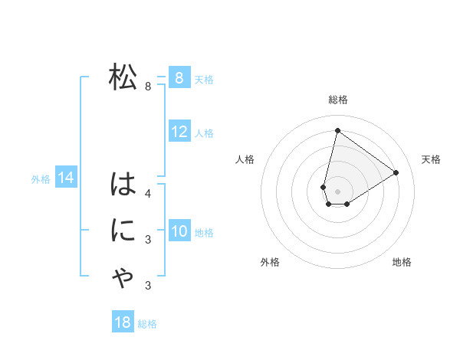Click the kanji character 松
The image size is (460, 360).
click(123, 77)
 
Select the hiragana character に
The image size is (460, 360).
click(123, 231)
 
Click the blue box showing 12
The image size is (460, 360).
click(179, 132)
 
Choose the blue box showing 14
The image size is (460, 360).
click(66, 178)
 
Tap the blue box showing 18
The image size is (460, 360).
click(123, 322)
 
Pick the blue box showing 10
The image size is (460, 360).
click(179, 231)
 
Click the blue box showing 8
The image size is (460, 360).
click(179, 77)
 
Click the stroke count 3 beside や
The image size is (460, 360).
click(148, 286)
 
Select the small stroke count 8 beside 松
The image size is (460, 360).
click(148, 87)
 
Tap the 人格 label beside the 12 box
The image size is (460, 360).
click(204, 133)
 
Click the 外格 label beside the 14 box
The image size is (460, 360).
click(41, 179)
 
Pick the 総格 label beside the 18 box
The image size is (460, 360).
click(147, 324)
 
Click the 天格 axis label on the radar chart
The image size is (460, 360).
click(431, 159)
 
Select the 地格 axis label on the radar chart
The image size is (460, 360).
click(402, 262)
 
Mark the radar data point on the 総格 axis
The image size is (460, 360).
click(337, 130)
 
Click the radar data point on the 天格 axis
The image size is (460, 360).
click(396, 172)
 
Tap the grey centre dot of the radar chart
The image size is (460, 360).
click(337, 191)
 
